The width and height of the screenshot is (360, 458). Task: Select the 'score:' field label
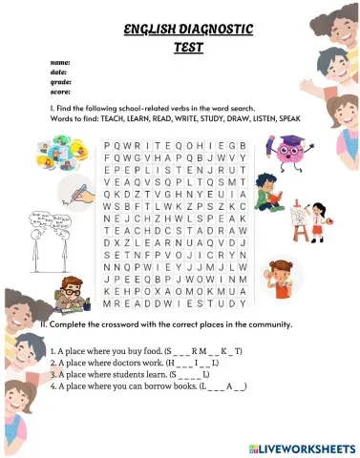60,92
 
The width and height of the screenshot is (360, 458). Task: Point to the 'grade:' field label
60,82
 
